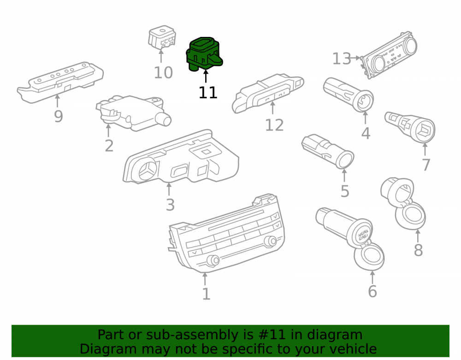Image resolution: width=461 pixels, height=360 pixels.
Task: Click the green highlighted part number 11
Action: pos(204,54)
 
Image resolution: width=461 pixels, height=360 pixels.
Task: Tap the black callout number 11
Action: pos(208,93)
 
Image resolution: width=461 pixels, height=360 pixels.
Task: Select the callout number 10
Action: pos(163,72)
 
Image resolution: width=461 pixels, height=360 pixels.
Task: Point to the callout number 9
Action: pos(58,116)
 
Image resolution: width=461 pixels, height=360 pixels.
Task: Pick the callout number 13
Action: pos(342,59)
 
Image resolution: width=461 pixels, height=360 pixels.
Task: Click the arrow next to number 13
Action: pos(356,58)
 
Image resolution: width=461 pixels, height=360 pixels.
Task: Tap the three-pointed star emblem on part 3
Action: pos(148,171)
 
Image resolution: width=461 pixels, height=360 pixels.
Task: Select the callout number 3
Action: pos(170,205)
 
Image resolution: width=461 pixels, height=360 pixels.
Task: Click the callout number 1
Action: pos(207,294)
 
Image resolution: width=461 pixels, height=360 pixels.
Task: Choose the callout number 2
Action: pos(109,146)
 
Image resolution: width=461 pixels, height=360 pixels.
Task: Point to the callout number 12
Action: pos(274,125)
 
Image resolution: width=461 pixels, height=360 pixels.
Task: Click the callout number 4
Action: pos(366,133)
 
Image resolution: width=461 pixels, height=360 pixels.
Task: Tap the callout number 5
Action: pos(345,191)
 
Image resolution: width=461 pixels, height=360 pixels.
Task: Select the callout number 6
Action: pos(372,291)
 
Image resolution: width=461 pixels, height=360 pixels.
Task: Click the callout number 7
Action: pos(426,165)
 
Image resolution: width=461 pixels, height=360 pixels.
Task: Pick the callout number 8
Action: pos(419,250)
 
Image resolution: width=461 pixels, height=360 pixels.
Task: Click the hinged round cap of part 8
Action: pos(410,216)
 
